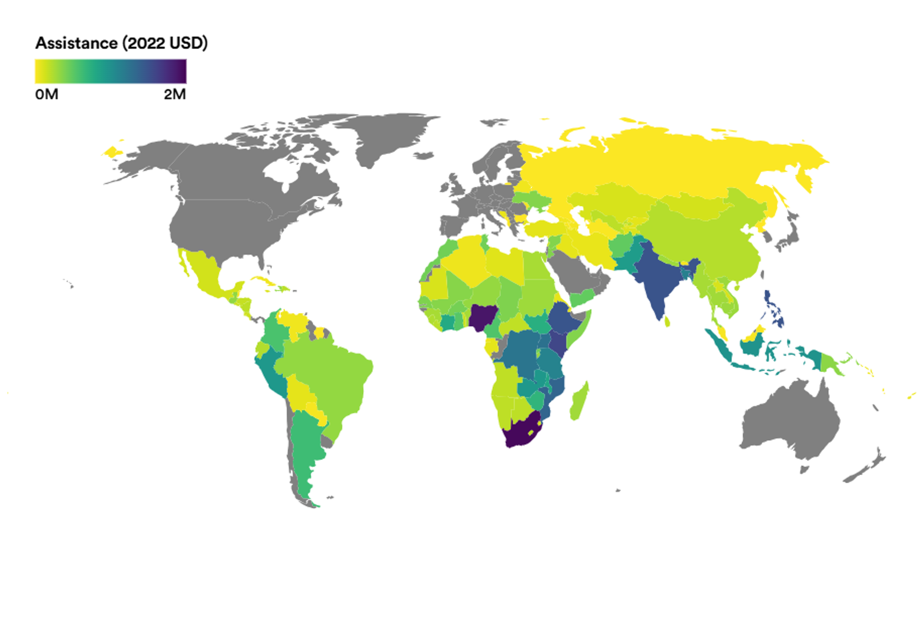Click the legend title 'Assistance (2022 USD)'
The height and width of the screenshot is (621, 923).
tap(121, 43)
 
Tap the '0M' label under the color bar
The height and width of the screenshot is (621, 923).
tap(47, 94)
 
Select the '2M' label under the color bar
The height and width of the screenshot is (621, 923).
tap(175, 94)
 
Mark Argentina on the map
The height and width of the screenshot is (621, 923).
tap(305, 448)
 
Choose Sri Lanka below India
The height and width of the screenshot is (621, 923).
tap(667, 321)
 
